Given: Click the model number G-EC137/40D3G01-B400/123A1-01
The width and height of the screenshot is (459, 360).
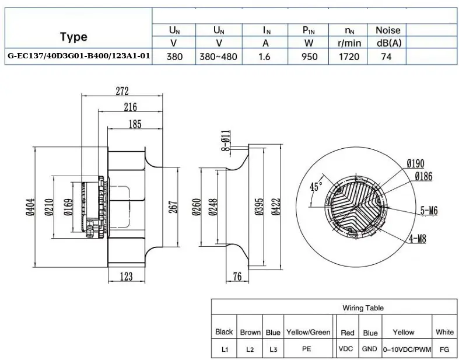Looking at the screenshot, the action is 79,55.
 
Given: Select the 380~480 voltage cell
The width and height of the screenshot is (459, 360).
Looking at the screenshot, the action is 218,56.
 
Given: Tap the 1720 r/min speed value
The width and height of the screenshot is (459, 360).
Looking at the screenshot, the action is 349,56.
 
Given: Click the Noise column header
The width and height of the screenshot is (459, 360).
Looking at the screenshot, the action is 388,30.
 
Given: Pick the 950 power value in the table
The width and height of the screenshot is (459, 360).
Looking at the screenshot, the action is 309,56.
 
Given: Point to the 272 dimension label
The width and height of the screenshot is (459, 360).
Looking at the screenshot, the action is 122,91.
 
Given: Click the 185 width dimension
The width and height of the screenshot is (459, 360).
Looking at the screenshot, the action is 135,124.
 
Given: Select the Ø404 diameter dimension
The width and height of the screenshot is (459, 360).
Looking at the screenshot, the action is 30,207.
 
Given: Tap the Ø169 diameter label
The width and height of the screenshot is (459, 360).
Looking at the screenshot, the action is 68,207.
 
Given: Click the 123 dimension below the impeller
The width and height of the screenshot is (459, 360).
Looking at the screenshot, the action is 126,276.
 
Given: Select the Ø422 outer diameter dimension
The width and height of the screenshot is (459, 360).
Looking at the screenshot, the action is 276,207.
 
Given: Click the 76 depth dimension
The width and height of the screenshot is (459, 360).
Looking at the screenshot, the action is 237,276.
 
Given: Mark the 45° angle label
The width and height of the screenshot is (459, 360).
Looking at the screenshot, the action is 316,186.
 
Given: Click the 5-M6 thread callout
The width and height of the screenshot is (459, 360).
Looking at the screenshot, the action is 429,210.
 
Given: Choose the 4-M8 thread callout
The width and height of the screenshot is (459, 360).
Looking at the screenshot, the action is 418,239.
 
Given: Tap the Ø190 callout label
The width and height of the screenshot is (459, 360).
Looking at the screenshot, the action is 415,163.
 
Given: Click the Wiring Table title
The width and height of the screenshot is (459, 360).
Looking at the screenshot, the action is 363,308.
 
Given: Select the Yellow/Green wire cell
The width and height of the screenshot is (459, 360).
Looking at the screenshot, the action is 309,332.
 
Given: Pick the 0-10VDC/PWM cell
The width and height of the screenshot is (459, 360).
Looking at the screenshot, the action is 407,349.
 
